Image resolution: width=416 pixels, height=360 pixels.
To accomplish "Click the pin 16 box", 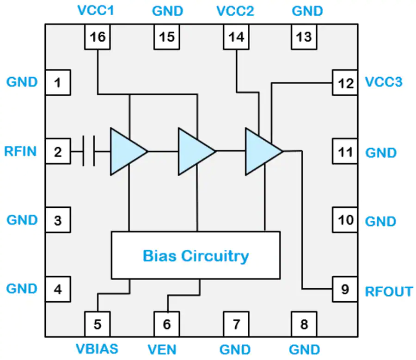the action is pyautogui.click(x=98, y=37).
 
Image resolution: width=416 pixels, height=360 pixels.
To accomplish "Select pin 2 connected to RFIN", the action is pyautogui.click(x=58, y=151).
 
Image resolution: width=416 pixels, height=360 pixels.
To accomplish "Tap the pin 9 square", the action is pyautogui.click(x=345, y=289).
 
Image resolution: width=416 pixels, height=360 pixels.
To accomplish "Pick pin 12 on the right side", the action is pyautogui.click(x=345, y=83).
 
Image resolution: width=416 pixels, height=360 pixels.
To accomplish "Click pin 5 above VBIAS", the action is pyautogui.click(x=98, y=324).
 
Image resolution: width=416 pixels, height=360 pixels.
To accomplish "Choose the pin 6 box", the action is pyautogui.click(x=167, y=324).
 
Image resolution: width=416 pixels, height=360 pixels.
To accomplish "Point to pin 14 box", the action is pyautogui.click(x=236, y=37).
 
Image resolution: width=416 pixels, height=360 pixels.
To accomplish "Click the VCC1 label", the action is pyautogui.click(x=96, y=11).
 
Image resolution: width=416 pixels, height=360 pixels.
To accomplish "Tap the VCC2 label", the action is pyautogui.click(x=235, y=11).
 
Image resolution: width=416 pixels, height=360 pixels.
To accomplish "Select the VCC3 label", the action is pyautogui.click(x=384, y=82).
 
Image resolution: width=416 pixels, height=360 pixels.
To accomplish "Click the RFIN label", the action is pyautogui.click(x=20, y=151).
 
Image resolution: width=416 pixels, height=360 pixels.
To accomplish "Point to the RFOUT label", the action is pyautogui.click(x=389, y=292).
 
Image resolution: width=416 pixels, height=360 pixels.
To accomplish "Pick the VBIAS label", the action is pyautogui.click(x=97, y=349).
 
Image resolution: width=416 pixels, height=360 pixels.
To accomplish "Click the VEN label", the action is pyautogui.click(x=162, y=350).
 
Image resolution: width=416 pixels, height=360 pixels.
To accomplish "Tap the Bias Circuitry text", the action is pyautogui.click(x=196, y=256).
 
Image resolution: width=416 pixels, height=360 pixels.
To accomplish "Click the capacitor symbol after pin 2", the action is pyautogui.click(x=89, y=151).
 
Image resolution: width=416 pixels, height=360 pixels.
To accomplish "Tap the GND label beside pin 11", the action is pyautogui.click(x=381, y=153).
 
